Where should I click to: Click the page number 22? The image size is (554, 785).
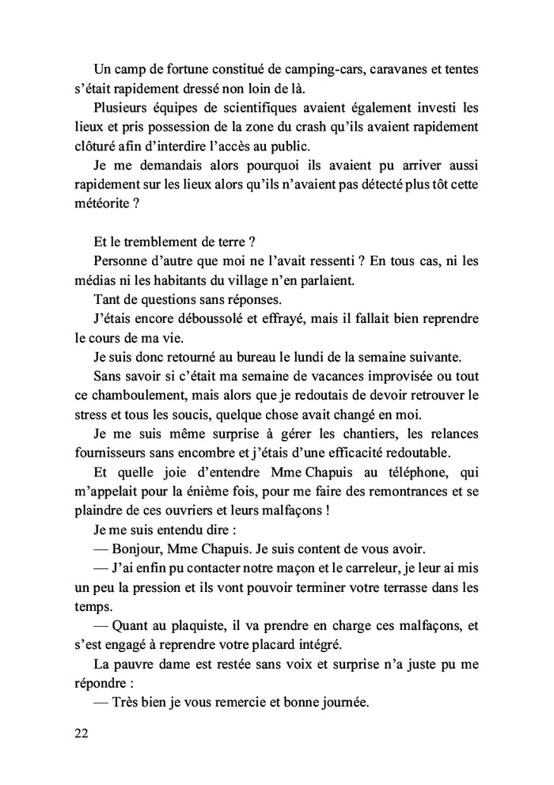pyautogui.click(x=80, y=733)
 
